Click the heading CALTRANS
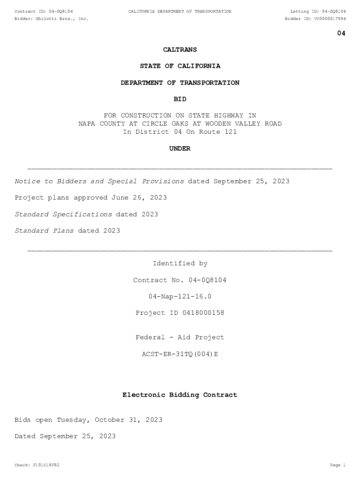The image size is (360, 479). (180, 50)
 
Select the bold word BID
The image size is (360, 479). (180, 99)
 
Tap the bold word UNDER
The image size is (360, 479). (180, 149)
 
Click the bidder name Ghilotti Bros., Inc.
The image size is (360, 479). (62, 19)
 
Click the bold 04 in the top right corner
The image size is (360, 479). (341, 33)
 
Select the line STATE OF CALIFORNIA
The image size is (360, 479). (180, 66)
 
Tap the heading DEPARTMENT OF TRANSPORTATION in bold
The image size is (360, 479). (180, 83)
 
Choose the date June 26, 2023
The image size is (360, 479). (139, 198)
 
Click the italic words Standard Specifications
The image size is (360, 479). (63, 214)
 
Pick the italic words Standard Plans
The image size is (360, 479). (44, 231)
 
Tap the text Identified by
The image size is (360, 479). (180, 264)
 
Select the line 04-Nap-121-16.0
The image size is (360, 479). (180, 297)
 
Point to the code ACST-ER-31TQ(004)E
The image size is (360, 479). (180, 354)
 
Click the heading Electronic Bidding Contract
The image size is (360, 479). (180, 395)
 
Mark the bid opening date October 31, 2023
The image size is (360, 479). (129, 420)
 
